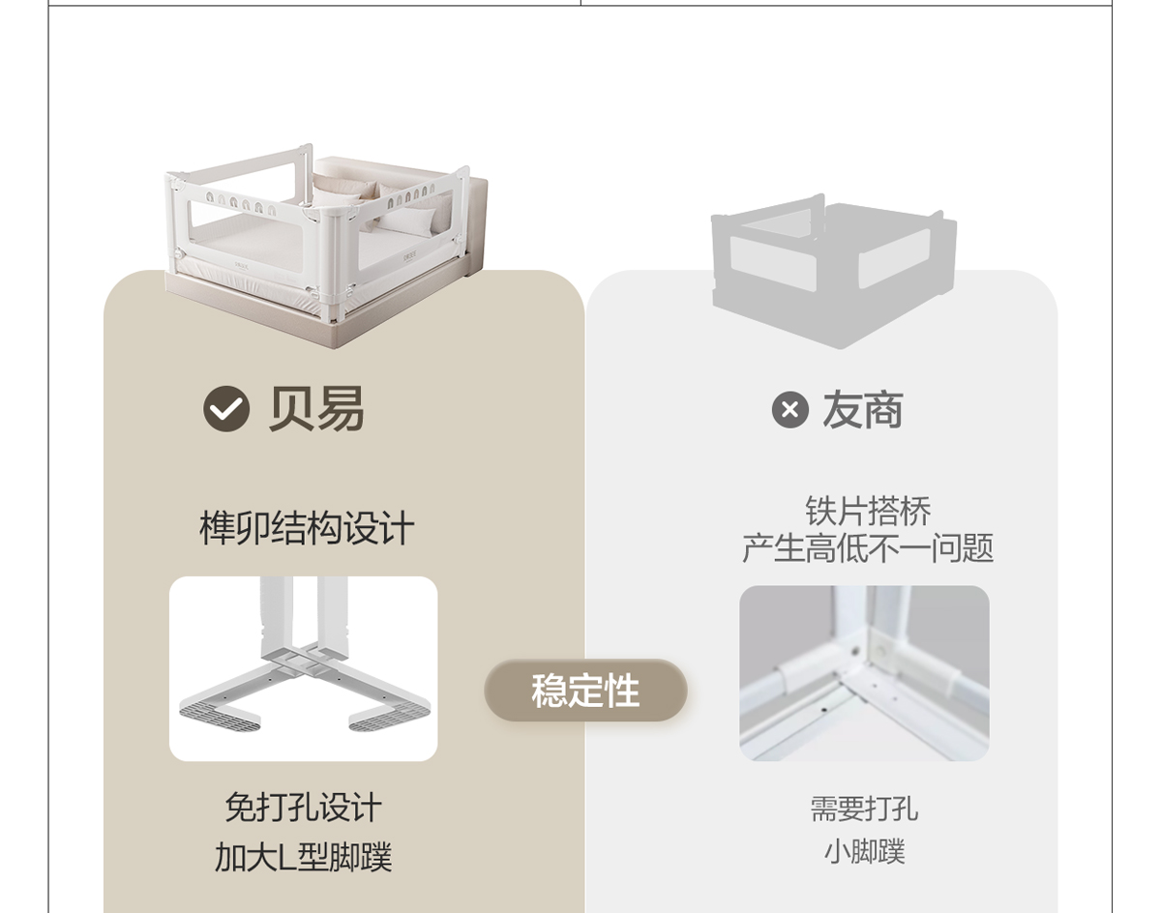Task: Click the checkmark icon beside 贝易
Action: point(226,409)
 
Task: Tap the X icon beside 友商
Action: point(789,410)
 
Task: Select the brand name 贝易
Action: point(316,409)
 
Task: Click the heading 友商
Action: point(863,410)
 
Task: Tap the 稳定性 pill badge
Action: point(585,691)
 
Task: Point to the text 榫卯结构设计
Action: point(307,529)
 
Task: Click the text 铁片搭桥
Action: point(868,511)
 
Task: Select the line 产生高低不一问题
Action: point(868,548)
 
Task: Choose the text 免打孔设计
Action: point(303,808)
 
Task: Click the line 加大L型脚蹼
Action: point(303,857)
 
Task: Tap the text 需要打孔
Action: point(864,809)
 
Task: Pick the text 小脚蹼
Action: point(864,852)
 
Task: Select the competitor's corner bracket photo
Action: point(864,673)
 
